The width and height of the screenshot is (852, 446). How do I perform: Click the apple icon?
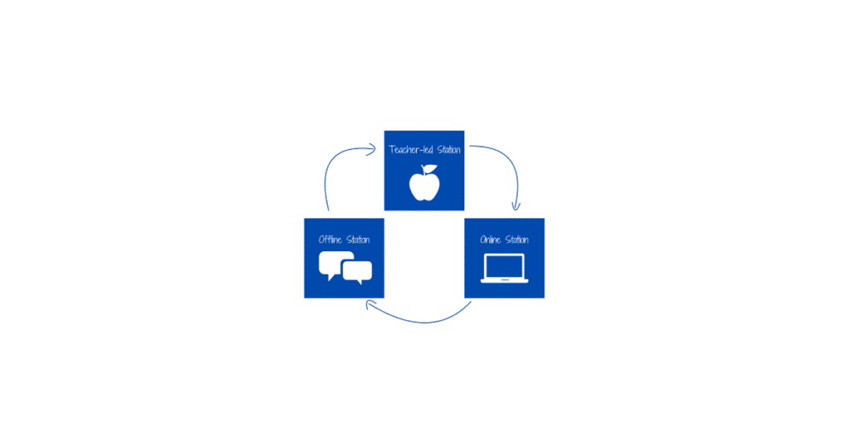pyautogui.click(x=424, y=185)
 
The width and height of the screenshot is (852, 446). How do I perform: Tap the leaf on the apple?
pyautogui.click(x=430, y=169)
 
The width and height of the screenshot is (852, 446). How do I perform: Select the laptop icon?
pyautogui.click(x=504, y=269)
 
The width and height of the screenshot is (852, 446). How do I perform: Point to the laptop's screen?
pyautogui.click(x=504, y=266)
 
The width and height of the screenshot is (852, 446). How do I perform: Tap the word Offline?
pyautogui.click(x=330, y=240)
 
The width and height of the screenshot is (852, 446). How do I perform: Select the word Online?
pyautogui.click(x=490, y=240)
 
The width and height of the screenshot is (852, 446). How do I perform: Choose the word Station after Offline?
pyautogui.click(x=358, y=240)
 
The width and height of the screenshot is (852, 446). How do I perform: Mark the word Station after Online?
pyautogui.click(x=517, y=240)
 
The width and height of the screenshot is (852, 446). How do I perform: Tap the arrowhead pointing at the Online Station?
pyautogui.click(x=516, y=207)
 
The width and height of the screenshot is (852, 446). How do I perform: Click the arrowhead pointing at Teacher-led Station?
pyautogui.click(x=375, y=150)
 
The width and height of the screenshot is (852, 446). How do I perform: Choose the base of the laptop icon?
pyautogui.click(x=504, y=281)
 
